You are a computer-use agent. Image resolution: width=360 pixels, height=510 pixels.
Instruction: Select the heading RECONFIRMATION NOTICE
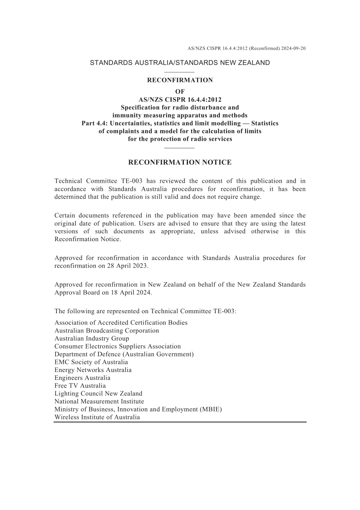pos(180,162)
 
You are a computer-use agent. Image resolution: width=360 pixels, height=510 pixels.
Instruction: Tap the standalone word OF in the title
pos(180,91)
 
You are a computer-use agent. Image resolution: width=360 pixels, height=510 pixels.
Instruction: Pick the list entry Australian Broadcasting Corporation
pos(106,331)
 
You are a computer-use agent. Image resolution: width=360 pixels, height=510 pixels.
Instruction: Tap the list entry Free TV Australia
pos(80,386)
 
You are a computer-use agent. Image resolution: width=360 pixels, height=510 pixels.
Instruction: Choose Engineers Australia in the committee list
pos(82,378)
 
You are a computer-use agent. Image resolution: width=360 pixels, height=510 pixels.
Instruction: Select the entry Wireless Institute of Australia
pos(97,417)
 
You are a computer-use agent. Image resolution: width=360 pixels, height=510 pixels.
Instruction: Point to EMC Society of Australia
pos(91,362)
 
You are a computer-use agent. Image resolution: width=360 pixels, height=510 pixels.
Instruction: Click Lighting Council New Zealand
pos(98,394)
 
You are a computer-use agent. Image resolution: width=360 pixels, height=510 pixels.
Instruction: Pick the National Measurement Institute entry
pos(99,401)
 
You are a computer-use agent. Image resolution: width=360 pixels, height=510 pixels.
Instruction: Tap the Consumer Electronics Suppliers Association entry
pos(117,346)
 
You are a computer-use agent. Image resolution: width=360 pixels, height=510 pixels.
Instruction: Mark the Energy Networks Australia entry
pos(93,370)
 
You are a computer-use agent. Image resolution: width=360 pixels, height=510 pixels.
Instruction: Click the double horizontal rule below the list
pos(180,422)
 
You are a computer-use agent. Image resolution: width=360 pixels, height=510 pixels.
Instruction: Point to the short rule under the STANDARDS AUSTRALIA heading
pos(180,72)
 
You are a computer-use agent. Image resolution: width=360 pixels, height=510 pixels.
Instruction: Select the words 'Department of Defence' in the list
pos(88,354)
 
